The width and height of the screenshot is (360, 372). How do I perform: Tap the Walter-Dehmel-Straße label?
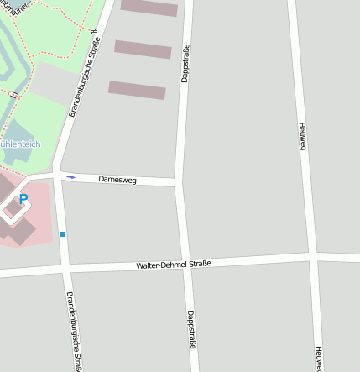(174, 265)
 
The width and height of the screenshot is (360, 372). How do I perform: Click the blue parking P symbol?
(23, 200)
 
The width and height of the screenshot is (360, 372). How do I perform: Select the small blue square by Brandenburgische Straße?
(61, 233)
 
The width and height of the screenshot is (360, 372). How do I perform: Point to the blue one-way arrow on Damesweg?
(70, 176)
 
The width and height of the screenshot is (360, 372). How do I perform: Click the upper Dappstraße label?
(185, 64)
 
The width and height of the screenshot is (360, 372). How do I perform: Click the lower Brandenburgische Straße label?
(73, 333)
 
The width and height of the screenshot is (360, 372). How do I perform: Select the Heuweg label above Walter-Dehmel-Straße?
(303, 138)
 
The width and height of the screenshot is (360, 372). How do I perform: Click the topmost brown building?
(149, 8)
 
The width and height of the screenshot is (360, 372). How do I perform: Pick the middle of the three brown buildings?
(143, 50)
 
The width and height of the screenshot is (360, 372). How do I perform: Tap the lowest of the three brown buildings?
(137, 90)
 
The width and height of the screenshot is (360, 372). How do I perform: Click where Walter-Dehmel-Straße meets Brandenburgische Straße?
(65, 270)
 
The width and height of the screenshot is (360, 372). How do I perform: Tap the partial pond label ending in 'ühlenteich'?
(20, 144)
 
